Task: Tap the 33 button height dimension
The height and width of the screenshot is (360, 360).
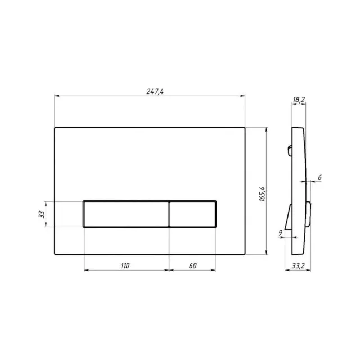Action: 40,214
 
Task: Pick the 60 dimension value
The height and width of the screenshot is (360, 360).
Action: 192,265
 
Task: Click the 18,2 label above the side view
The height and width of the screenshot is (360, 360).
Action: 299,100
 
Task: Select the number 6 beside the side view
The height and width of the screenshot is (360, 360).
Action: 319,177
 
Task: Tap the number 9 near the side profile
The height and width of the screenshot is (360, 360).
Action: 281,231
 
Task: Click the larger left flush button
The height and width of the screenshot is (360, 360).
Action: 126,214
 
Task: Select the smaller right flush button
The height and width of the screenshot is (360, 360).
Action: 192,214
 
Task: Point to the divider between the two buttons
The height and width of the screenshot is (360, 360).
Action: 169,214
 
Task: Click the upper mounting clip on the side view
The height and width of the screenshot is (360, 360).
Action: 290,150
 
